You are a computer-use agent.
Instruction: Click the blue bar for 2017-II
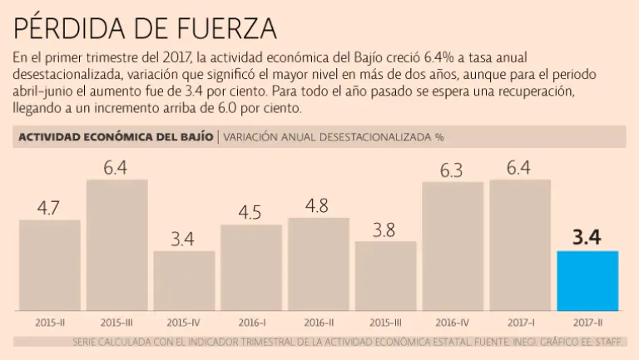(587, 281)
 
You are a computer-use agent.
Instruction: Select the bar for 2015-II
(50, 265)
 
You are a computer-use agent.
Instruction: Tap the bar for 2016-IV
(453, 246)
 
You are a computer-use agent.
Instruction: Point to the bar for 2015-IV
(184, 281)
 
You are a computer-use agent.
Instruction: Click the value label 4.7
(48, 207)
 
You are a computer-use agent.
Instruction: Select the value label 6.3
(451, 170)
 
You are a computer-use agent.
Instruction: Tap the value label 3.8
(385, 230)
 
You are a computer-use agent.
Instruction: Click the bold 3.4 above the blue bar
(587, 238)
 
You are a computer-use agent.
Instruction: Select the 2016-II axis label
(319, 322)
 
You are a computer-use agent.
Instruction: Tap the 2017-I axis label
(520, 322)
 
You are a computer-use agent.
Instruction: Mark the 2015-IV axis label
(184, 322)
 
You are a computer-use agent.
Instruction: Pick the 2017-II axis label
(587, 322)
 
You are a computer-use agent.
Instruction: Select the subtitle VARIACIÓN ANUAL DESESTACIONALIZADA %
(339, 137)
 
